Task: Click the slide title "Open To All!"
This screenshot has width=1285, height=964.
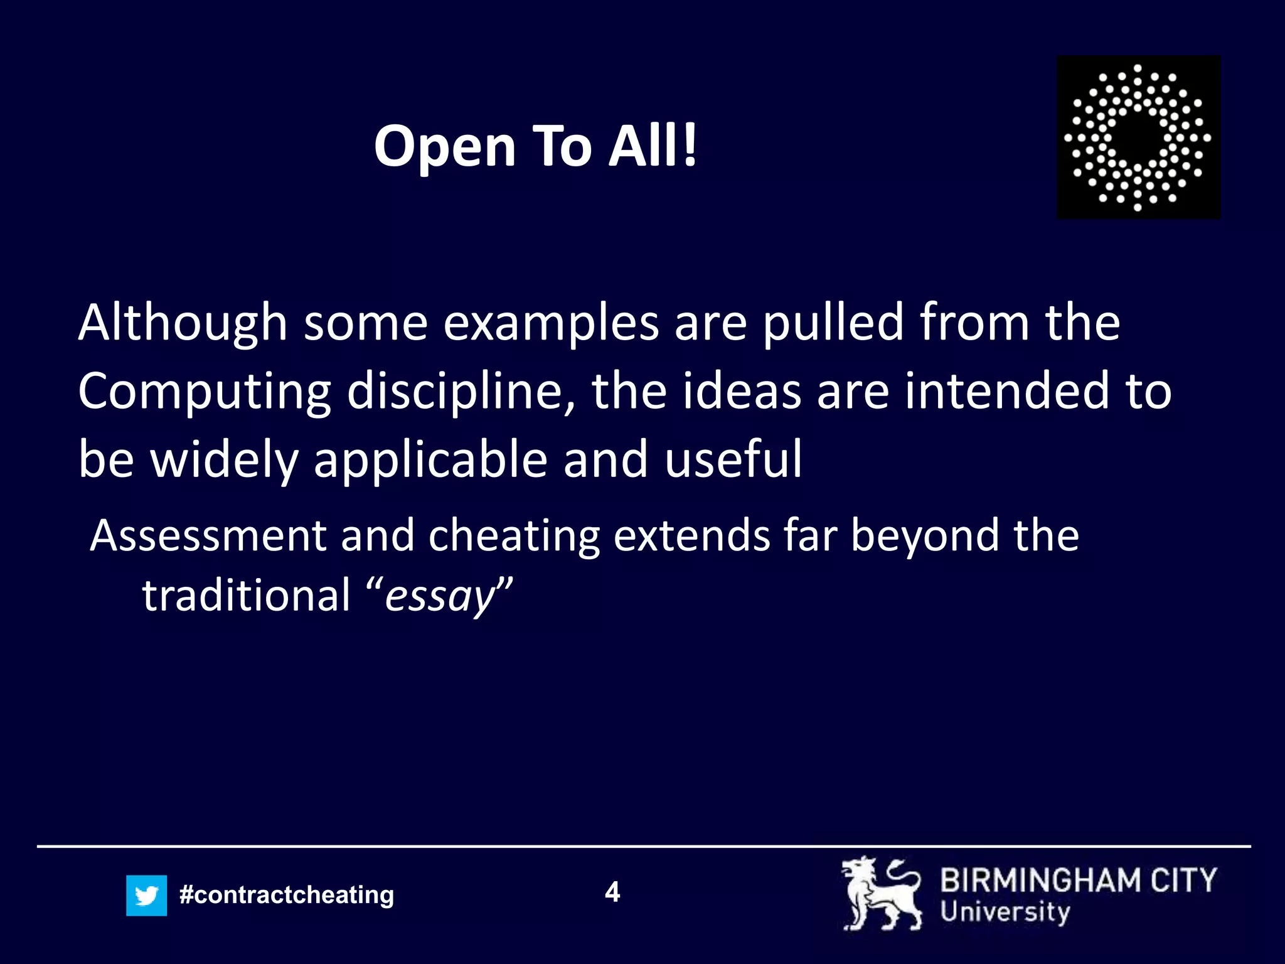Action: click(535, 146)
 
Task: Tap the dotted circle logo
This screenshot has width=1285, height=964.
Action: click(1138, 137)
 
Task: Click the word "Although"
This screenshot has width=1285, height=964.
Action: click(183, 323)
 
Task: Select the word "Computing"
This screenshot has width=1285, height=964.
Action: click(205, 392)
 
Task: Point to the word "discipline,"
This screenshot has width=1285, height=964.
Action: click(461, 390)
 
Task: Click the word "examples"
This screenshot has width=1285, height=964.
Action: click(551, 323)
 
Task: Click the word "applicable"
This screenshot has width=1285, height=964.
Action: click(430, 459)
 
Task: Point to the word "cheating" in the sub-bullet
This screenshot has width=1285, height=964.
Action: click(513, 537)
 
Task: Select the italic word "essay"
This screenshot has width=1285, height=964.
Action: click(440, 596)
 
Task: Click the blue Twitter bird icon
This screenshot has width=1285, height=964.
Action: click(146, 895)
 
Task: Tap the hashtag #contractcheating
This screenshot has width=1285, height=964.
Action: click(286, 894)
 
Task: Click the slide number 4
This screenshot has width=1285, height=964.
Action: click(612, 892)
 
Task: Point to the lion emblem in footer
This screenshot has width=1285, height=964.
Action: click(881, 894)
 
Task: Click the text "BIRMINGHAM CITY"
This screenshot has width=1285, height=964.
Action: click(1078, 880)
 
